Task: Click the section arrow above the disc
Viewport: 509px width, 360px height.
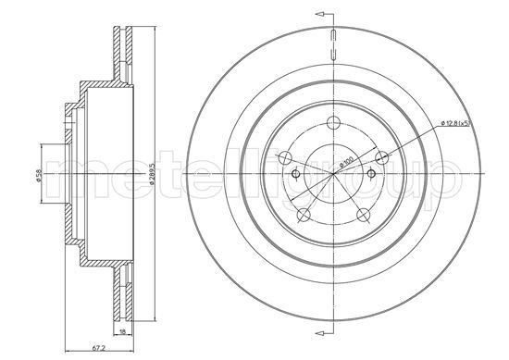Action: pos(321,16)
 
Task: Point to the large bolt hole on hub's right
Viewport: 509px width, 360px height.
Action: pos(379,156)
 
